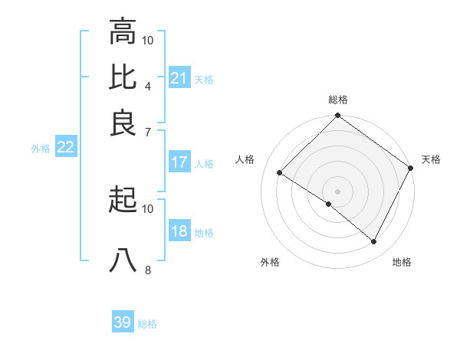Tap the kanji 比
(123, 76)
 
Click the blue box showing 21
(179, 77)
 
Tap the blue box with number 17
(179, 162)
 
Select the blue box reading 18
(179, 231)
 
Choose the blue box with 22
(65, 147)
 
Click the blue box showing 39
(123, 322)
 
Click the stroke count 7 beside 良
(147, 131)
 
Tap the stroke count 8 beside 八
(147, 269)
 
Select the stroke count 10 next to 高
(148, 40)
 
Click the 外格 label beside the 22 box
(41, 149)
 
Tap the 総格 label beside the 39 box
(147, 324)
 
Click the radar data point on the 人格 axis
(280, 173)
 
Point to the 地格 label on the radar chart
(402, 262)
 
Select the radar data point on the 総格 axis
(337, 116)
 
